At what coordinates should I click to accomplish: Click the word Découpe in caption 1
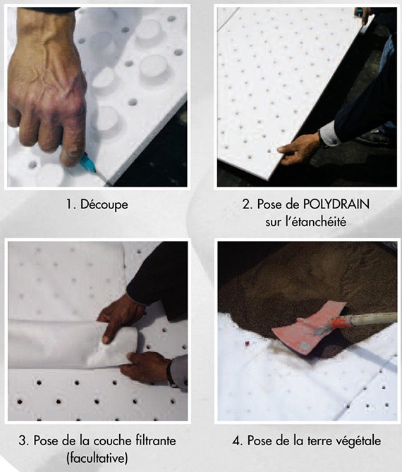click(x=104, y=205)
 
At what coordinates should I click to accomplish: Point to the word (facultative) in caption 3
click(x=97, y=458)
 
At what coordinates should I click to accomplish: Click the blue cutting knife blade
click(x=88, y=163)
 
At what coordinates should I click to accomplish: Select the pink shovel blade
click(x=309, y=328)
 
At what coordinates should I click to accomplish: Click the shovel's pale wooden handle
click(x=375, y=319)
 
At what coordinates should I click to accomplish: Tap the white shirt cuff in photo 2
click(x=329, y=134)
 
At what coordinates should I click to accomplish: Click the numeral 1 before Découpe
click(x=68, y=205)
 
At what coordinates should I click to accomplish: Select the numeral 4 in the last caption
click(x=236, y=441)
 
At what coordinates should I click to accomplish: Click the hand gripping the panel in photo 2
click(x=299, y=149)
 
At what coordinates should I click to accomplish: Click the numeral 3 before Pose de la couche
click(x=22, y=441)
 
